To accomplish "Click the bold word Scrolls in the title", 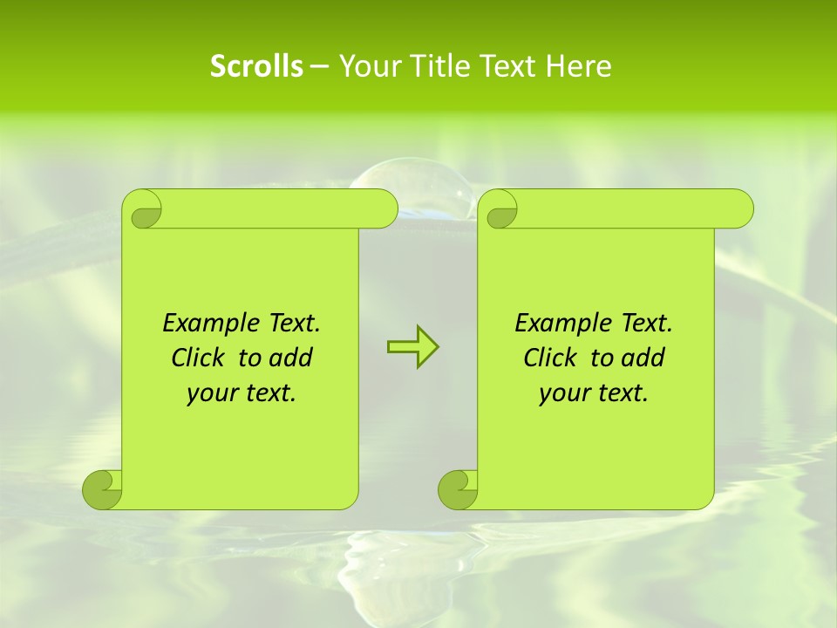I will (256, 66).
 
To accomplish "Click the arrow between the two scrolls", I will (412, 347).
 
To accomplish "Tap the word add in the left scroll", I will (292, 358).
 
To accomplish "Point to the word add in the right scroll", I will (644, 358).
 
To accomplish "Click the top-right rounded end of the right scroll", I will (737, 208).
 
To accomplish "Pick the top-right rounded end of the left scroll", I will (381, 208).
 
